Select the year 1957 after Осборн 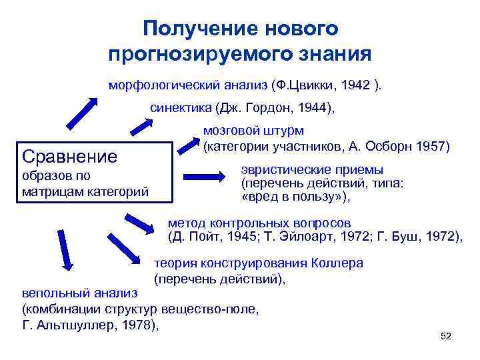[x=436, y=145]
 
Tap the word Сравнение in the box [x=70, y=157]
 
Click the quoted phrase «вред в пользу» [x=293, y=197]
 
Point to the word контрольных [x=247, y=223]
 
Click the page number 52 [x=446, y=336]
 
